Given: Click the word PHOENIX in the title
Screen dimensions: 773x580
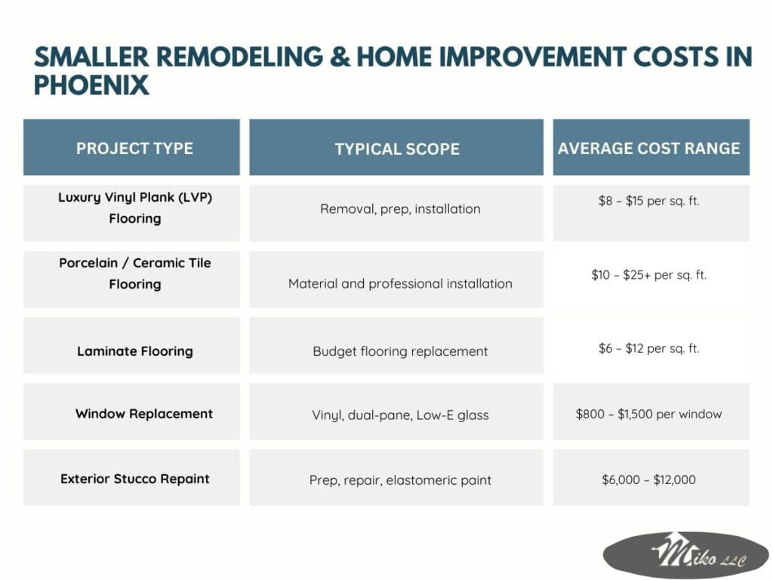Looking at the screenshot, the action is point(91,85).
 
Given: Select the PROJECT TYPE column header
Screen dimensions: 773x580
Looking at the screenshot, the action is point(134,149).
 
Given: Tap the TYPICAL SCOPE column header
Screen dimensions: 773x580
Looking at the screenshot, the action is point(397,149).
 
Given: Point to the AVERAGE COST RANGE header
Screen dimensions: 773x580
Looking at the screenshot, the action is point(648,149).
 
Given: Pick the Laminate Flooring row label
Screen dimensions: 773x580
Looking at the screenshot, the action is point(134,351).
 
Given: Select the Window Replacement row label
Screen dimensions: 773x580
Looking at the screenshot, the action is point(144,413).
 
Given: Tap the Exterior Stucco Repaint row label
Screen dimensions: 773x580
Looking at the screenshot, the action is point(134,479).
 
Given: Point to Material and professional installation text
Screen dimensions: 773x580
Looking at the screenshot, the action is point(400,284).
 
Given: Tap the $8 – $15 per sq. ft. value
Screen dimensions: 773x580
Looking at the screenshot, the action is point(648,201).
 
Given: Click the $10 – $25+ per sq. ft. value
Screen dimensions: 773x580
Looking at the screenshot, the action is point(648,275).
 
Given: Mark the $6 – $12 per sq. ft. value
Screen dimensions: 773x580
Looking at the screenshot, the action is point(648,348).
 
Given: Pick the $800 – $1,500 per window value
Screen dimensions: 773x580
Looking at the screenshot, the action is point(648,414).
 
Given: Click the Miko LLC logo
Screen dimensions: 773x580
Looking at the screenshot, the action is point(686,555).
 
